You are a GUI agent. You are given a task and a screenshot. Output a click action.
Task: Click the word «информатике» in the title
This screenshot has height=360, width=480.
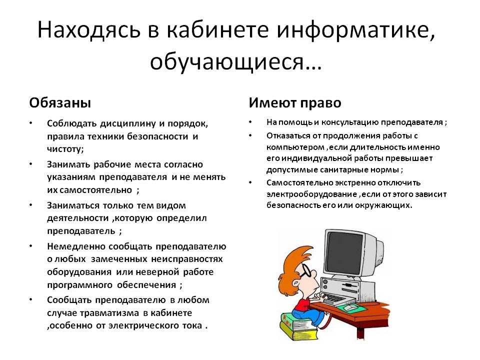(355, 30)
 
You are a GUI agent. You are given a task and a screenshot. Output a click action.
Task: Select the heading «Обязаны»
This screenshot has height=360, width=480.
(60, 103)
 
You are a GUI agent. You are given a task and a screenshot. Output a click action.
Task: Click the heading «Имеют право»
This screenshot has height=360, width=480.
(295, 103)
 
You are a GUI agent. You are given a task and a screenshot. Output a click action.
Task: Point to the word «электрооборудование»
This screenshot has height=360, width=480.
(311, 194)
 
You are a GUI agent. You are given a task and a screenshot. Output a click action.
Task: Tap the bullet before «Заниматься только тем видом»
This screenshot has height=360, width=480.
(31, 205)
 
